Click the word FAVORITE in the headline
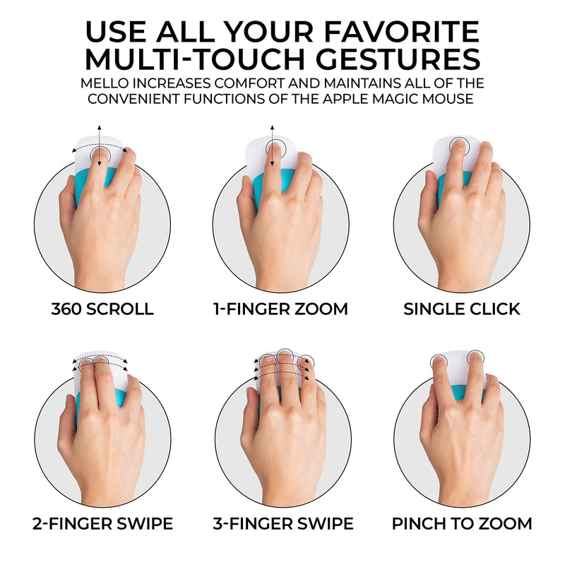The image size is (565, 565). (x=401, y=32)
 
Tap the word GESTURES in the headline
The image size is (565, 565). (x=398, y=59)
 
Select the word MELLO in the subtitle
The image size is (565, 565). (x=105, y=83)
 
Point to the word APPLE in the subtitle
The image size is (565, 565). (x=345, y=98)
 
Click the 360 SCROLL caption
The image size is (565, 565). (x=102, y=309)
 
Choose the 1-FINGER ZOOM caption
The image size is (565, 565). (x=280, y=309)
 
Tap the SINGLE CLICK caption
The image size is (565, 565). (x=462, y=309)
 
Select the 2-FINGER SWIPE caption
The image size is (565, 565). (x=102, y=523)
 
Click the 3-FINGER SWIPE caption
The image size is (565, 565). (x=283, y=523)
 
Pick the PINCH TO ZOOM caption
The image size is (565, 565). (x=462, y=523)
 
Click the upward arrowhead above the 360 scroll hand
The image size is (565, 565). (x=100, y=128)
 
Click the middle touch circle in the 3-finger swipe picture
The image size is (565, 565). (x=285, y=350)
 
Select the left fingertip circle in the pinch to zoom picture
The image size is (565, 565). (x=432, y=360)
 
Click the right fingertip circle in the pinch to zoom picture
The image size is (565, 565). (x=475, y=350)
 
